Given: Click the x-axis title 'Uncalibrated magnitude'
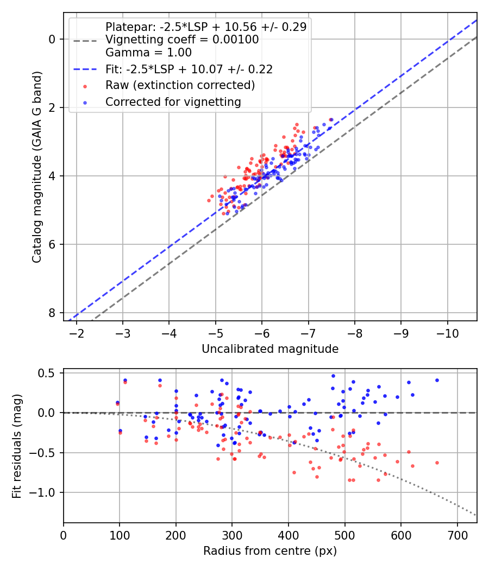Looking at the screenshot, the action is (270, 349).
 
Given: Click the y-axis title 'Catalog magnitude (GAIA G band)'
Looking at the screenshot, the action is (37, 167).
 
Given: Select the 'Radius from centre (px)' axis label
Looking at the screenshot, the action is (270, 551).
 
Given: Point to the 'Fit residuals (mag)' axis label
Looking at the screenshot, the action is (17, 446).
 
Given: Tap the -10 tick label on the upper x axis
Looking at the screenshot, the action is (447, 334).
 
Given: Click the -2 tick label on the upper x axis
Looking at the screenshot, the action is (76, 334).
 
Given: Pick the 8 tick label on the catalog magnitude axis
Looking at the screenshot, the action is (52, 313).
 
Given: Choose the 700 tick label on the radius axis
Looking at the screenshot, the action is (457, 535).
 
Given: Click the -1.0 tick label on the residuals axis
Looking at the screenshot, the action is (42, 492).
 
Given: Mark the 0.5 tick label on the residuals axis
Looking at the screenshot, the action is (47, 373).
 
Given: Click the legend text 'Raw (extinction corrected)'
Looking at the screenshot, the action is (180, 85).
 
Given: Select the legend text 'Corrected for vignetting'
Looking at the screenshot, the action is (173, 102).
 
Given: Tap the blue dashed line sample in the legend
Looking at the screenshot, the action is (85, 69).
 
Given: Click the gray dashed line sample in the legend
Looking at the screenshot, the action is (85, 41).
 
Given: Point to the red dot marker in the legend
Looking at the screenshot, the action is (85, 86).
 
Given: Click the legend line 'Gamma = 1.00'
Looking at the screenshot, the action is (148, 53).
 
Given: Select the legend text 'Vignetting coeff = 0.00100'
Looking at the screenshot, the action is (182, 40).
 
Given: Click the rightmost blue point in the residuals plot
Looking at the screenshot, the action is (437, 380).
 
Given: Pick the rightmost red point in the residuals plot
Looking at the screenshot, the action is (437, 463).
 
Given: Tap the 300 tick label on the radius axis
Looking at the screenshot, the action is (232, 535).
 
